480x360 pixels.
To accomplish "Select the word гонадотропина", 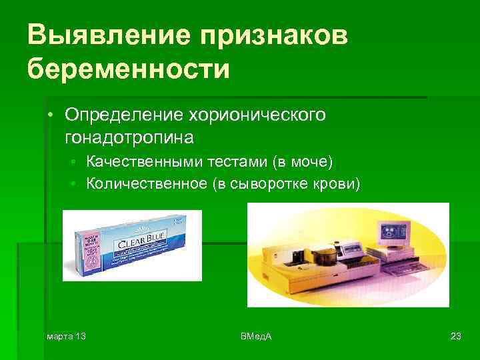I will tap(129, 137).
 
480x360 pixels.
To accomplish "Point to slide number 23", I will tap(456, 336).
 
